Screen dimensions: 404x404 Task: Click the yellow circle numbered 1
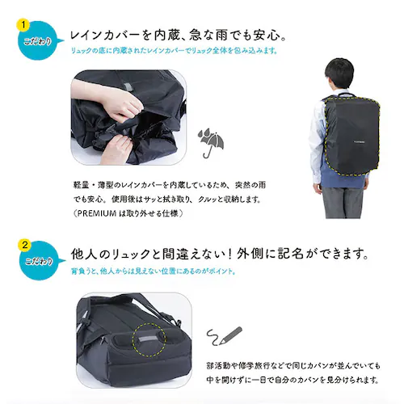(x=24, y=23)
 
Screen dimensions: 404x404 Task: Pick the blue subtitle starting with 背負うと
(x=154, y=271)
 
